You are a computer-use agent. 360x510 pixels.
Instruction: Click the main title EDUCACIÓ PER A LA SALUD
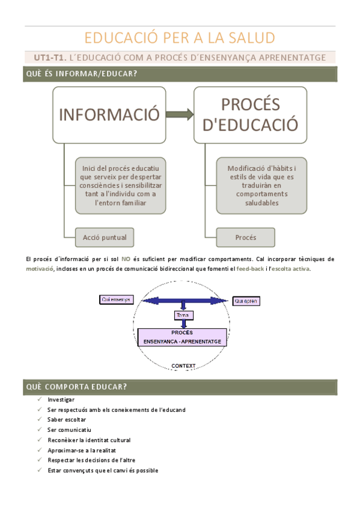[x=180, y=38]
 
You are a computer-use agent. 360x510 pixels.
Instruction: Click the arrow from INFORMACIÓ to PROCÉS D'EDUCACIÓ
[x=180, y=114]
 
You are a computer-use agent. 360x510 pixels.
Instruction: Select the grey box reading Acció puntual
[x=105, y=237]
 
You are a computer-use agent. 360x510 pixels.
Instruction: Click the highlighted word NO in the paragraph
[x=126, y=258]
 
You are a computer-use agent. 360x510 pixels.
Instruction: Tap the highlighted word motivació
[x=39, y=269]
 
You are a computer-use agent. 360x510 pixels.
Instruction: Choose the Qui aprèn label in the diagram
[x=246, y=300]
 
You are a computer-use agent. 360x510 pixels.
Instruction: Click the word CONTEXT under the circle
[x=183, y=365]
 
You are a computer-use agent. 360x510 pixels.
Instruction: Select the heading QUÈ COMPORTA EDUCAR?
[x=76, y=386]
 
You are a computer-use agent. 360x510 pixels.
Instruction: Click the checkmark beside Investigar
[x=38, y=399]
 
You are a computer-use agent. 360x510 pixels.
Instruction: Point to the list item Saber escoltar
[x=67, y=419]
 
